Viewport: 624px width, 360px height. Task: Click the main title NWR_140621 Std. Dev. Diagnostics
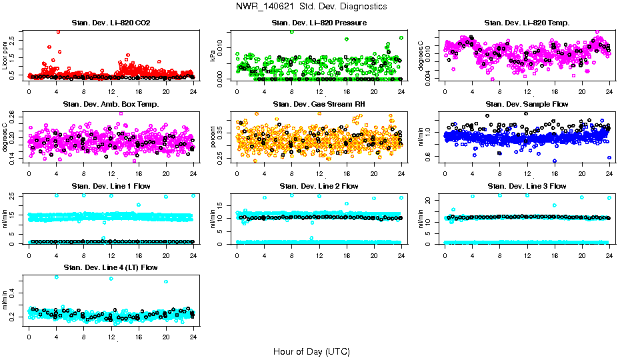click(x=311, y=6)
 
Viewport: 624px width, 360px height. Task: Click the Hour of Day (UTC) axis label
click(x=311, y=351)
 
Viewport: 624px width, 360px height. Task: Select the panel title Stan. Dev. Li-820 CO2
click(x=111, y=23)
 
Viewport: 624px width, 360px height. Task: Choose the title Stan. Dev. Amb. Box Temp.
click(x=111, y=104)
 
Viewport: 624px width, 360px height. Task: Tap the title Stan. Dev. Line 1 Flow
click(x=111, y=186)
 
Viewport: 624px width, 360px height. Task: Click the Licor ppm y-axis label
click(x=5, y=55)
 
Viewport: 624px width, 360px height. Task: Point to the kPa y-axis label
click(x=213, y=55)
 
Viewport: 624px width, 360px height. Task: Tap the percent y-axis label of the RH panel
click(x=213, y=136)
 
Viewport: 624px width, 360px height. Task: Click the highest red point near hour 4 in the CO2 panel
click(x=58, y=31)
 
